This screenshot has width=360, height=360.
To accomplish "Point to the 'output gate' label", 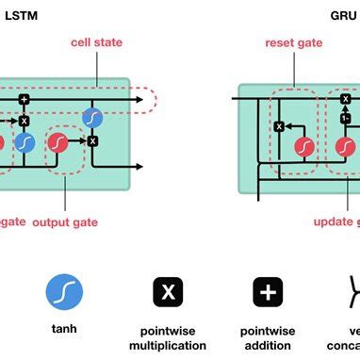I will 65,222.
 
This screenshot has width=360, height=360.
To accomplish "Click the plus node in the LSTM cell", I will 25,98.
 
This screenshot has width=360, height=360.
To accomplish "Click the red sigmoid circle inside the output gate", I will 63,143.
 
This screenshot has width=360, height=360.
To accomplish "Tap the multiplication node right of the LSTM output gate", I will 92,140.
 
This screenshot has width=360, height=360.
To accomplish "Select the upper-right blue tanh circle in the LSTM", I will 92,116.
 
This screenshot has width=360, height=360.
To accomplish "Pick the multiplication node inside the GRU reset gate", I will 279,126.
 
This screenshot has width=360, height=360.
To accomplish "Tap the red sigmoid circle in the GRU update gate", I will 347,146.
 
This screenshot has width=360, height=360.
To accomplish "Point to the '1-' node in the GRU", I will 346,119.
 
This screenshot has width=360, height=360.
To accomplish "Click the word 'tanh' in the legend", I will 63,331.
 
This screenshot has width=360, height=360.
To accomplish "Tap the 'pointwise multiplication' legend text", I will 168,338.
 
